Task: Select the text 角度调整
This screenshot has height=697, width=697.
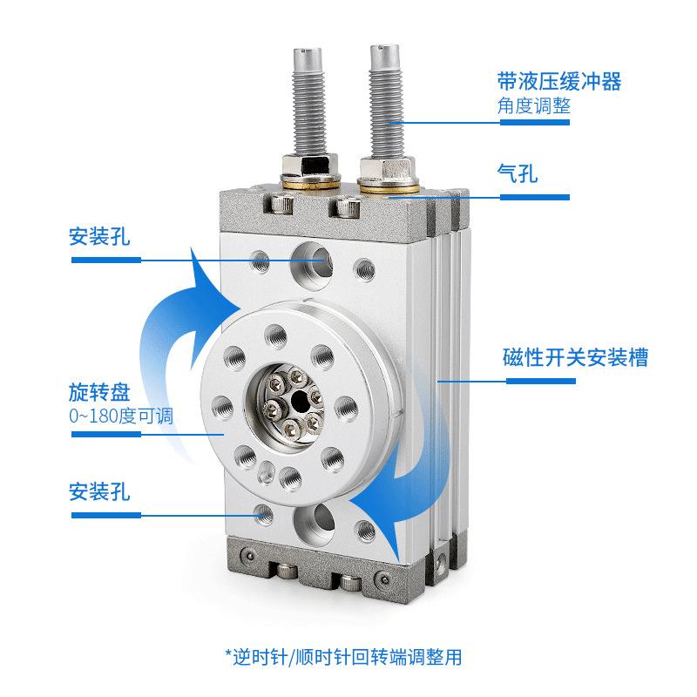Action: coord(534,105)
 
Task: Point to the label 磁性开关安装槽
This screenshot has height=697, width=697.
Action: coord(575,358)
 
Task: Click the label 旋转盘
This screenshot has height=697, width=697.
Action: coord(98,390)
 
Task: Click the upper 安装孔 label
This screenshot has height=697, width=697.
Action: coord(98,236)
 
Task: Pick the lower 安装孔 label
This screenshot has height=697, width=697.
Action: coord(98,492)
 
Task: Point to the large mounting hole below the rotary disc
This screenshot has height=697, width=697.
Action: coord(313,522)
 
